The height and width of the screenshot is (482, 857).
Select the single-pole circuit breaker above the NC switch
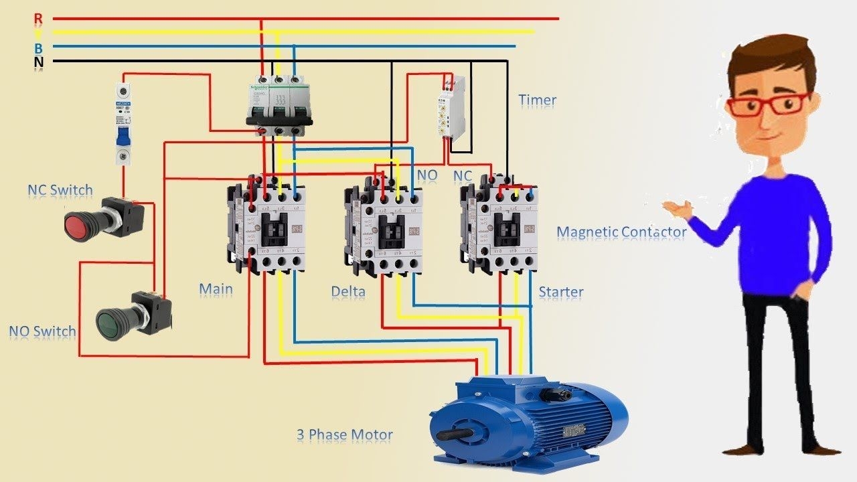(x=123, y=124)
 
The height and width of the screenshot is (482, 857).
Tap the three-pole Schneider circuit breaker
(x=279, y=104)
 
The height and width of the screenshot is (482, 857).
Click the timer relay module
(x=452, y=107)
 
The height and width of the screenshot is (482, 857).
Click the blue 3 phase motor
(x=529, y=418)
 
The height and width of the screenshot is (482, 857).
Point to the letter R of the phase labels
(x=38, y=18)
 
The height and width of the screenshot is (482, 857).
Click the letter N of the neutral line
(x=38, y=62)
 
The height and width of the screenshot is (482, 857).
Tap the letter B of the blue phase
(x=38, y=48)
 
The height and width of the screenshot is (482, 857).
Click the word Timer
(x=537, y=100)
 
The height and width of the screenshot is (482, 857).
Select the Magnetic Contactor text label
(x=621, y=232)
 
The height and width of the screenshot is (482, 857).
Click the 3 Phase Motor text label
(x=344, y=435)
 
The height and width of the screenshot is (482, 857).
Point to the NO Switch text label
(x=42, y=331)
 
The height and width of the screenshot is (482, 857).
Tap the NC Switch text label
(x=60, y=190)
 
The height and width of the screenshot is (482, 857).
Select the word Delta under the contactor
(x=348, y=292)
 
